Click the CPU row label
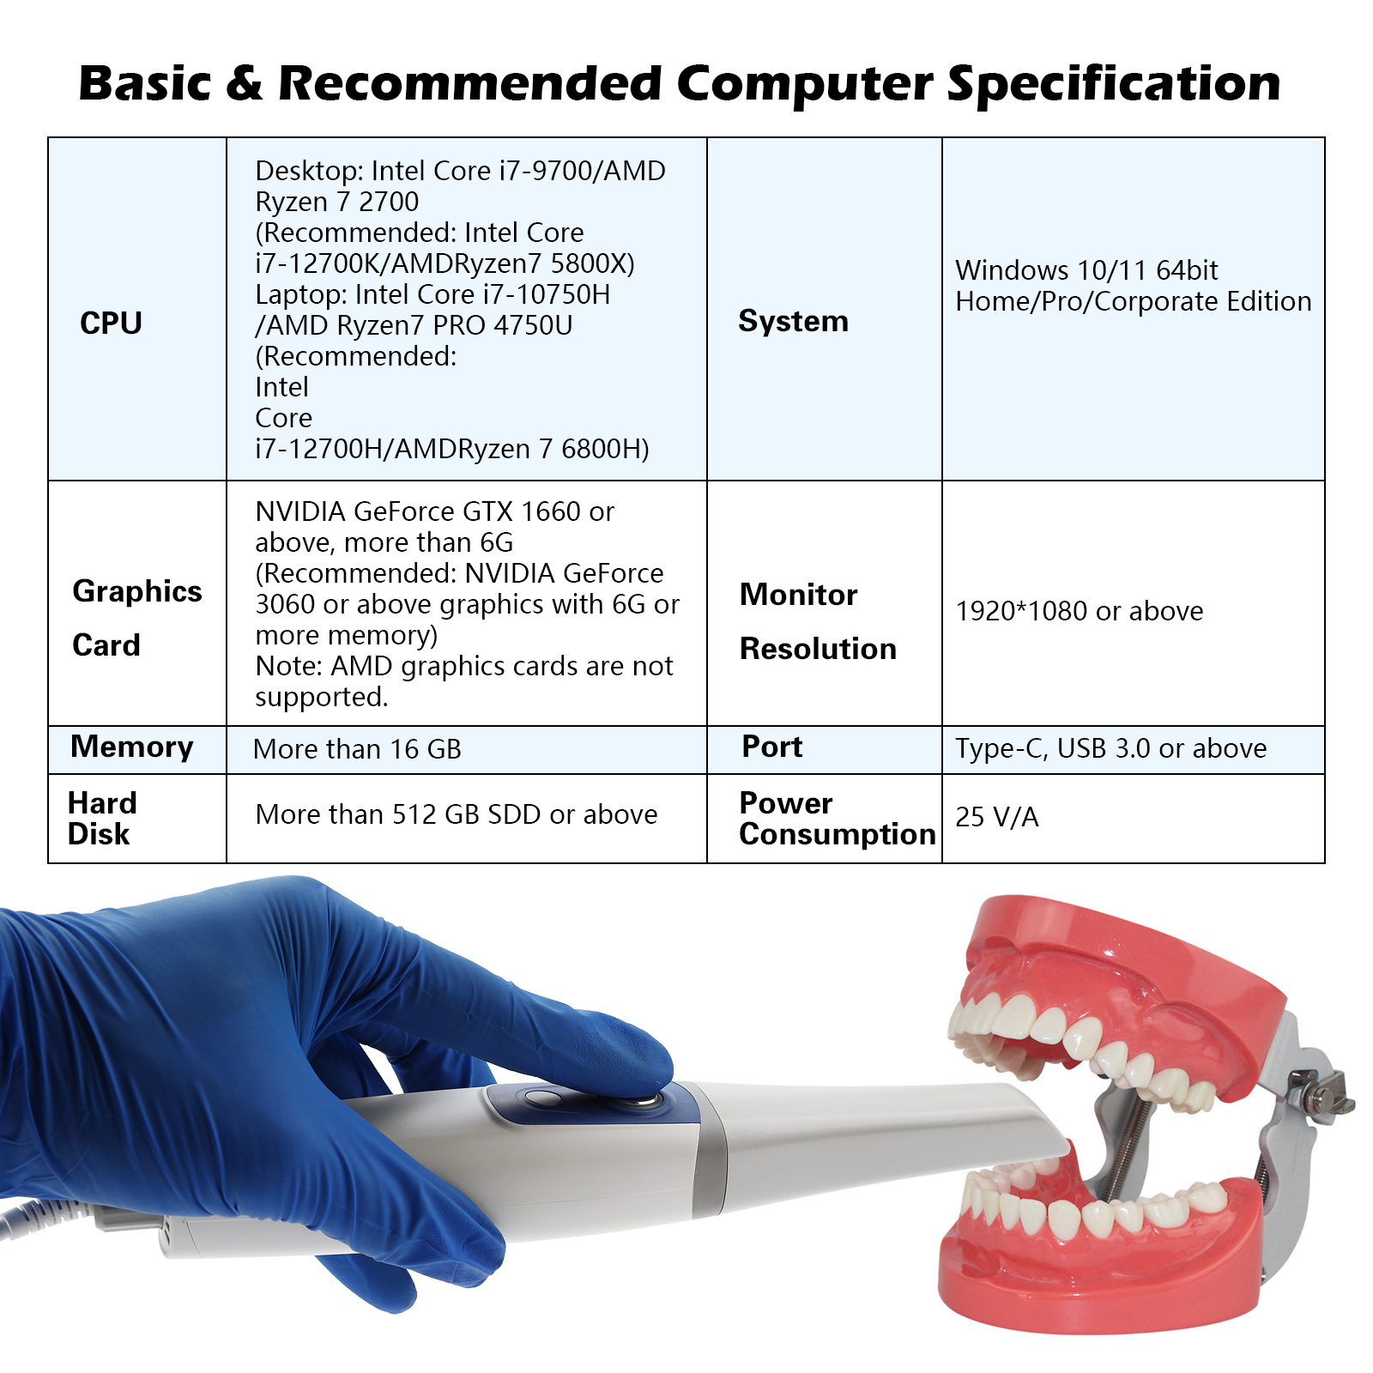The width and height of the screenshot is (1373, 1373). pos(111,324)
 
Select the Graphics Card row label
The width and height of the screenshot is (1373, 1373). pos(137,618)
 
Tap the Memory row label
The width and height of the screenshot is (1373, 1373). pos(132,747)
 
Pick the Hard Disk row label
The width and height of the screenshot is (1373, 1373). pos(102,819)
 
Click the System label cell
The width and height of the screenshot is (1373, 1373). pos(794,321)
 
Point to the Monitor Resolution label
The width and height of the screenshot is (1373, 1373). pos(818,621)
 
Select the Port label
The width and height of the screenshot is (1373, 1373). pos(772,747)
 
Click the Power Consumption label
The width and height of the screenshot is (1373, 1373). pos(838,819)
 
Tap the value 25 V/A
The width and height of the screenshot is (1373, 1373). pos(997,817)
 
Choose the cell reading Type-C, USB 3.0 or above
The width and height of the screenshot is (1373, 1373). pos(1111,748)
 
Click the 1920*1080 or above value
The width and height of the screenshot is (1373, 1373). pos(1080,611)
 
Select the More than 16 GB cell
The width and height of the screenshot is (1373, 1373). pos(358,749)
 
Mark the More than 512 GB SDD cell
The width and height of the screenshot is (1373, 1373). pos(457,814)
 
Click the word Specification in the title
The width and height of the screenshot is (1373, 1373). pos(1114,84)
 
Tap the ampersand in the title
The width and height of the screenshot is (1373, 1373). pos(245,83)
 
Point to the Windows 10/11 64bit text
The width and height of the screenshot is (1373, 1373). pos(1086,270)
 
